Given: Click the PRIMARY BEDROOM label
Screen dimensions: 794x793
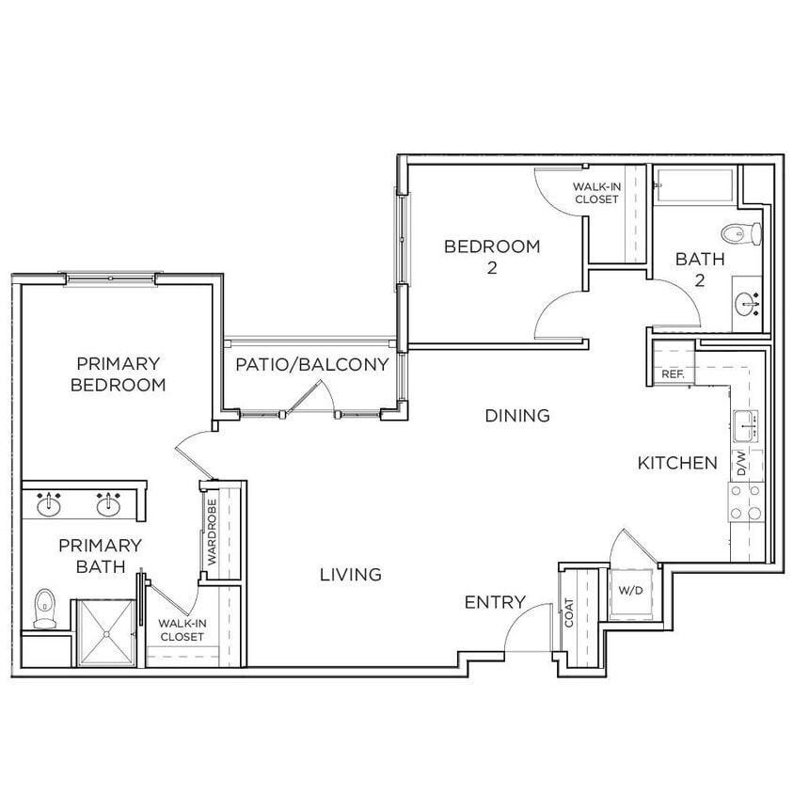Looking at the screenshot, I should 119,373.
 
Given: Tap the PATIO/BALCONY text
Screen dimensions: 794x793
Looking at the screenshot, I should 311,365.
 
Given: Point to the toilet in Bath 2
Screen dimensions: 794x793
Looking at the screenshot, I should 740,232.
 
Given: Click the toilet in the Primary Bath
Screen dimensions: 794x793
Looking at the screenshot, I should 44,609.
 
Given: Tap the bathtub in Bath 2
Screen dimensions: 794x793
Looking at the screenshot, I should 696,184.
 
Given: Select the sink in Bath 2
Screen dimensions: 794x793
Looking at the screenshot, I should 749,302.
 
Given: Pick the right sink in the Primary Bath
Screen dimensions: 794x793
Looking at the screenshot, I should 110,505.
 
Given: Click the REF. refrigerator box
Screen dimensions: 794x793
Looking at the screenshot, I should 673,363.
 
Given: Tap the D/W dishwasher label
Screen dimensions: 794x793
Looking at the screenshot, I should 741,463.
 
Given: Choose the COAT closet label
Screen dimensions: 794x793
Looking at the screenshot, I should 570,613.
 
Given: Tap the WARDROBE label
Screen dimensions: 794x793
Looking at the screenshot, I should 213,532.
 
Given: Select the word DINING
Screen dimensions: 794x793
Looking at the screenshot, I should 517,415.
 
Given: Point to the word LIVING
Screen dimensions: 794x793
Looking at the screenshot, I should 350,574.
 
